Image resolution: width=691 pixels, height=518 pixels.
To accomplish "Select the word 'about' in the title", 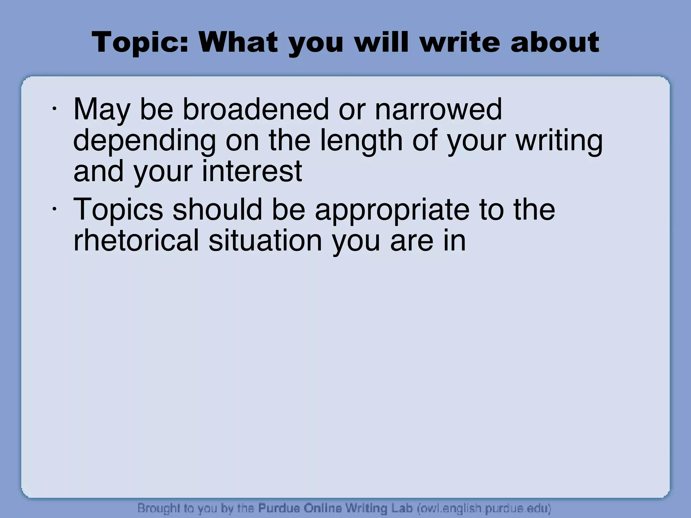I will pos(555,42).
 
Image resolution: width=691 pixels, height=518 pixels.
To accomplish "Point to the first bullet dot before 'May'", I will pos(54,109).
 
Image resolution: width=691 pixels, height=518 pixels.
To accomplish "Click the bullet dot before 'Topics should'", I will pos(54,209).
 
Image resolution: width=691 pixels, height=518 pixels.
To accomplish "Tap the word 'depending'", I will pos(144,141).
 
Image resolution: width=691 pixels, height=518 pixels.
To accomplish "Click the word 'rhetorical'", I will pos(136,240).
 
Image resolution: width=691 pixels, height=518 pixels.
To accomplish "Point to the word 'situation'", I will pos(265,240).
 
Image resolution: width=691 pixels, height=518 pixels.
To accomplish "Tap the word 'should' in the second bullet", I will pos(217,209).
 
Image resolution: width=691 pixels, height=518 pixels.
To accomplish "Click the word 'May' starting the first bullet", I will pos(102,110).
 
